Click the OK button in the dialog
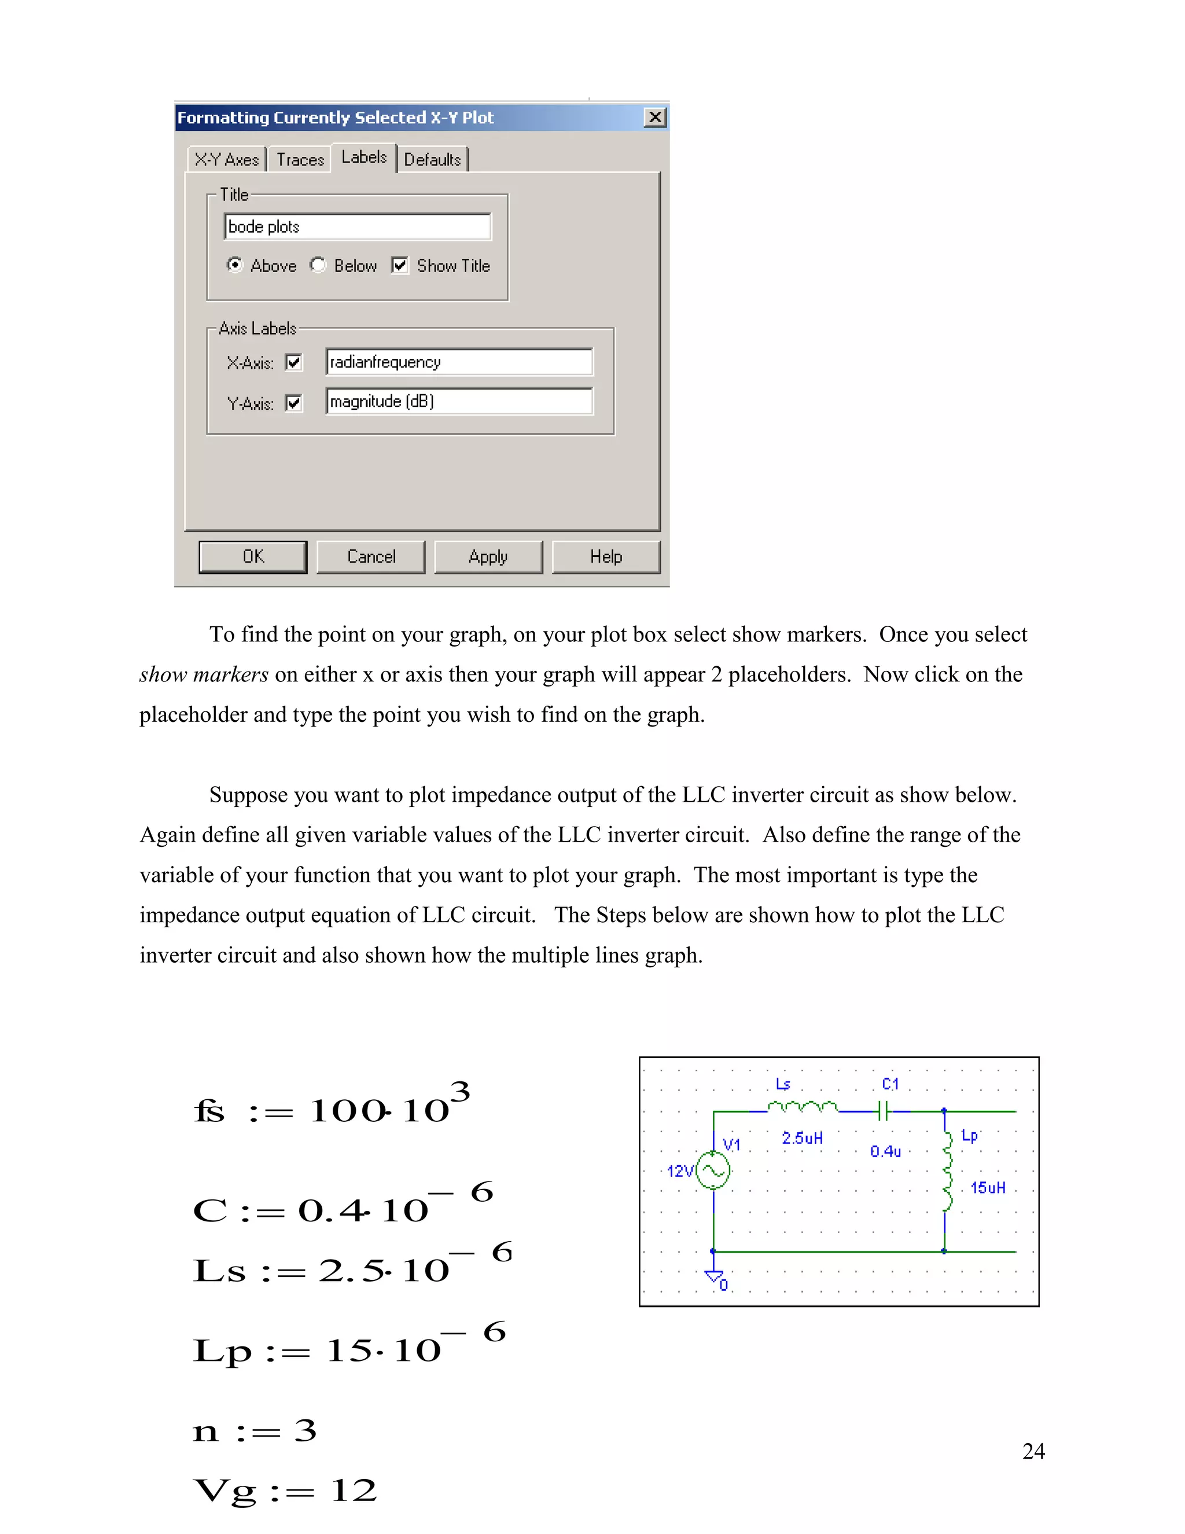pyautogui.click(x=253, y=557)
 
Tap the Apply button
pyautogui.click(x=488, y=557)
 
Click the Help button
pyautogui.click(x=606, y=557)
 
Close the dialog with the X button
pyautogui.click(x=655, y=118)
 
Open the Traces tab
pyautogui.click(x=300, y=159)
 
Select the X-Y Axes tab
pyautogui.click(x=227, y=159)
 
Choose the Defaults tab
pyautogui.click(x=432, y=159)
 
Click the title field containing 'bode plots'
pyautogui.click(x=358, y=227)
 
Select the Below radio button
pyautogui.click(x=319, y=265)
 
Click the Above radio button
pyautogui.click(x=234, y=265)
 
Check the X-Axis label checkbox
pyautogui.click(x=293, y=362)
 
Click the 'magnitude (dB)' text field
pyautogui.click(x=459, y=402)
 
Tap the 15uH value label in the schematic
pyautogui.click(x=987, y=1188)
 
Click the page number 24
pyautogui.click(x=1033, y=1451)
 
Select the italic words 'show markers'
pyautogui.click(x=204, y=674)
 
